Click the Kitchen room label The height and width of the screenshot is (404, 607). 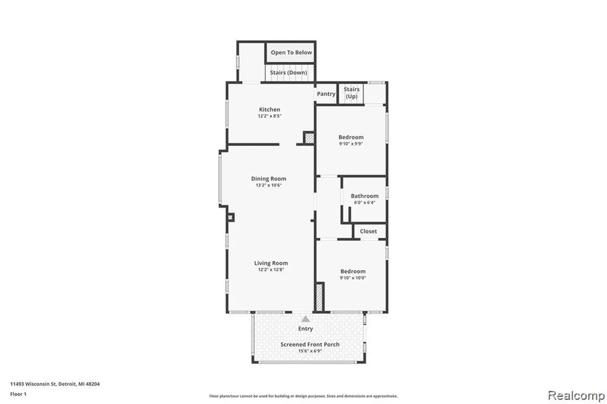(270, 110)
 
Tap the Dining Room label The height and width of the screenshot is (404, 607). (269, 179)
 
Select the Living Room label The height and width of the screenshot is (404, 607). (271, 263)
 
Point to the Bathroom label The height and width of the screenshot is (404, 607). (365, 196)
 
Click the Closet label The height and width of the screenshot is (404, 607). (368, 231)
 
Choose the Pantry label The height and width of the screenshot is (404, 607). (326, 94)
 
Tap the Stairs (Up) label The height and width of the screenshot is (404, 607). (352, 93)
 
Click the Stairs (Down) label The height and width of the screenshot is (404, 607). (289, 72)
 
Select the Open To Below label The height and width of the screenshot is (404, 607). (291, 52)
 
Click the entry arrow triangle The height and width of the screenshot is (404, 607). (305, 319)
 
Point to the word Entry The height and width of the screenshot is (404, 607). (305, 329)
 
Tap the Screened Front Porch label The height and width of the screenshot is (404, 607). (309, 344)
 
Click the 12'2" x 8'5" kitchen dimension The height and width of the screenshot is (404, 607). (270, 116)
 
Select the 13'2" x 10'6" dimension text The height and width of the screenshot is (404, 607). (269, 185)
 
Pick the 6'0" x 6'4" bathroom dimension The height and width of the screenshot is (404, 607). (365, 202)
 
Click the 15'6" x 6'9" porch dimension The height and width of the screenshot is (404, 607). (309, 351)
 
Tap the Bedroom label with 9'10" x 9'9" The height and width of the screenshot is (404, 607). (351, 137)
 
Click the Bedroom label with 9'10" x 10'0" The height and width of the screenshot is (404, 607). (353, 271)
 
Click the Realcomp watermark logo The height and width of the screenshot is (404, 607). (576, 396)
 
